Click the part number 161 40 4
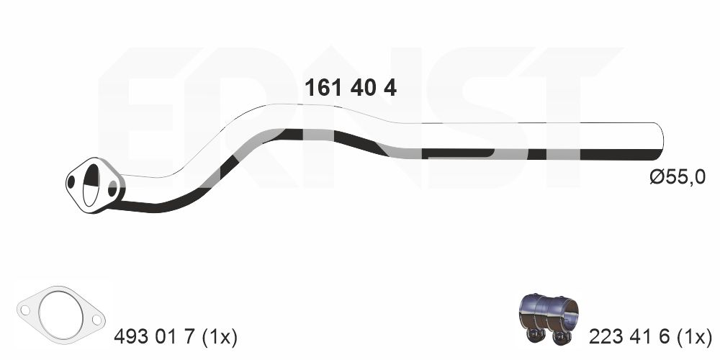coord(351,88)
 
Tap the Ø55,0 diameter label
coord(678,177)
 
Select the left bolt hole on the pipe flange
coord(71,182)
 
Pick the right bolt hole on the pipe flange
coord(112,188)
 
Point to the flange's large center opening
coord(91,185)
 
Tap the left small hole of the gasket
coord(25,310)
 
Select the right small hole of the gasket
coord(96,320)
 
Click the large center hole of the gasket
coord(61,315)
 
